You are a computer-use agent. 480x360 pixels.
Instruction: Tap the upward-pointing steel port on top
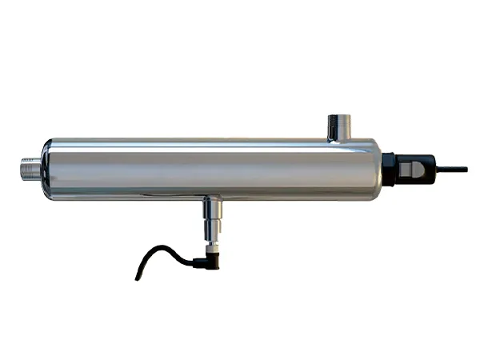pos(339,126)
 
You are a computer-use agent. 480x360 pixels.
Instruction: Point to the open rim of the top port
pos(339,116)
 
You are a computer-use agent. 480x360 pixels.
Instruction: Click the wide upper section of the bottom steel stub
pos(210,210)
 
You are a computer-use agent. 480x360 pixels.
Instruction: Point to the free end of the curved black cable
pos(137,277)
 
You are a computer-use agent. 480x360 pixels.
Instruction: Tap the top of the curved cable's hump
pos(164,249)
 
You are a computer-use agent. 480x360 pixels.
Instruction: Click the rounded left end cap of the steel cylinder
pos(48,169)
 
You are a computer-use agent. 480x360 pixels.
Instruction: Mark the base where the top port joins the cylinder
pos(339,138)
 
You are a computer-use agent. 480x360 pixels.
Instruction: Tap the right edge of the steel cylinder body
pos(377,170)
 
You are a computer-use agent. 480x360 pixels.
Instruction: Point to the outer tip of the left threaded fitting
pos(22,169)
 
